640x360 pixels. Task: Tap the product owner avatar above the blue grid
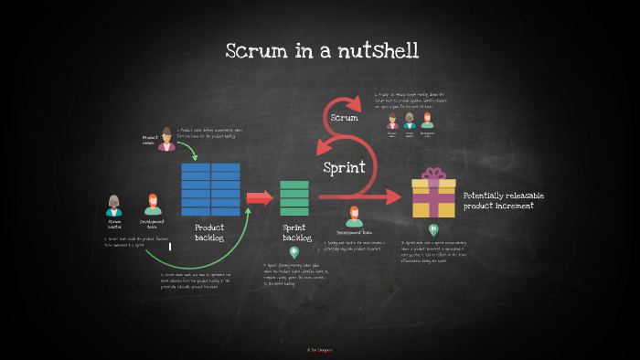click(x=166, y=138)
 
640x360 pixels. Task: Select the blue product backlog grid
click(x=210, y=189)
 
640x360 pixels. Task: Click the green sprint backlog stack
click(x=293, y=198)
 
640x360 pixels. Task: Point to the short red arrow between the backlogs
click(x=260, y=197)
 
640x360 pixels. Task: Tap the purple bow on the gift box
click(x=433, y=175)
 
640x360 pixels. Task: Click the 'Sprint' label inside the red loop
click(x=345, y=168)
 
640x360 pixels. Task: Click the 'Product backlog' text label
click(x=209, y=233)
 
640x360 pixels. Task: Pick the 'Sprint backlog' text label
click(x=294, y=233)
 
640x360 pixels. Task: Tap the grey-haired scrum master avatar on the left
click(x=114, y=206)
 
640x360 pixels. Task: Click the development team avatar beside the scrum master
click(x=153, y=206)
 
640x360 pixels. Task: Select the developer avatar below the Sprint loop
click(x=354, y=217)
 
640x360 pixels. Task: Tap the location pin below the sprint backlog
click(x=293, y=252)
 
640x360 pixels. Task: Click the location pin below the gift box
click(x=433, y=230)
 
